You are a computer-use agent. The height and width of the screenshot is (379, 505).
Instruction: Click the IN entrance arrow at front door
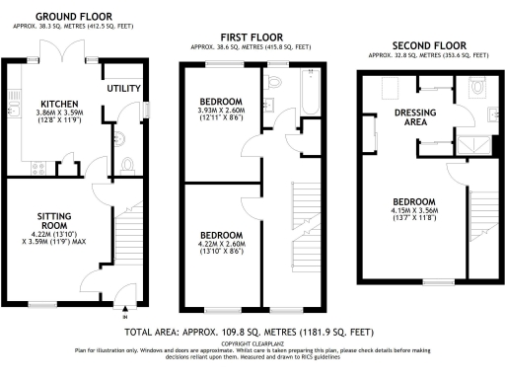click(124, 317)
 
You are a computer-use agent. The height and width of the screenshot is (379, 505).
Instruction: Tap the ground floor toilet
click(125, 165)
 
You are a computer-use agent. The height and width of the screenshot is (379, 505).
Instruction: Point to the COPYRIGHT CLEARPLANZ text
click(252, 343)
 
